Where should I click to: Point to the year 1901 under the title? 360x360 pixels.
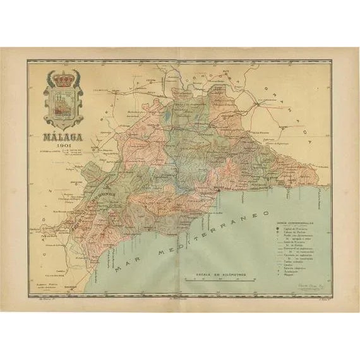click(63, 145)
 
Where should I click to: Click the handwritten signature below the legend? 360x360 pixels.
click(308, 286)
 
